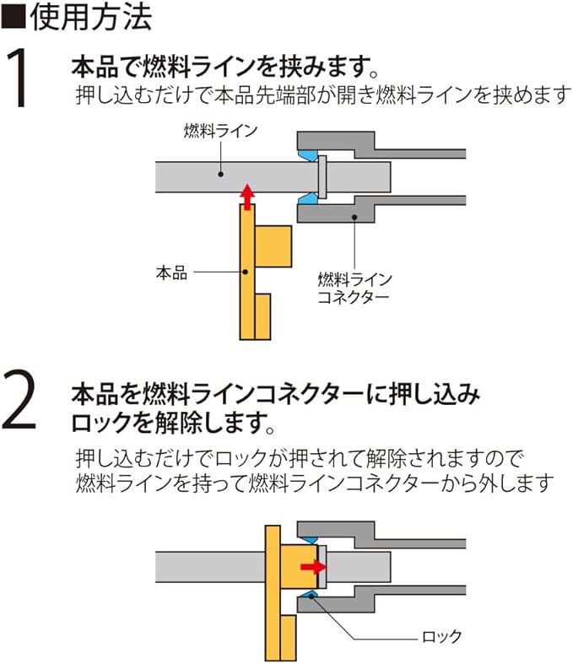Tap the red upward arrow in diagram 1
[246, 195]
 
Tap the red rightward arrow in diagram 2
[313, 566]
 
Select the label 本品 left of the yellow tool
[171, 273]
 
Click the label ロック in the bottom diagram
[442, 635]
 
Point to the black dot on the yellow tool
[246, 272]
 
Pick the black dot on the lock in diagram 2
[312, 597]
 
